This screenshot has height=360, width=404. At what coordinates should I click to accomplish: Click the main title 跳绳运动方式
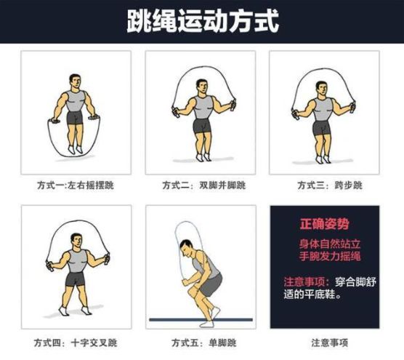pos(202,20)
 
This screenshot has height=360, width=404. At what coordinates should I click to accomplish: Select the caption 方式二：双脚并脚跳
pos(201,185)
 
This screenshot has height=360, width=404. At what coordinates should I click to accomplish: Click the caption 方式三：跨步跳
pos(326,185)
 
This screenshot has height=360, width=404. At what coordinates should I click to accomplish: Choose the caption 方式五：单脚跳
pos(201,341)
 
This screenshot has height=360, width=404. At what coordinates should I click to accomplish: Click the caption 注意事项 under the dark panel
pos(326,341)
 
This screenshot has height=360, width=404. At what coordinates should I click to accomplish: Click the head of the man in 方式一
pos(75,81)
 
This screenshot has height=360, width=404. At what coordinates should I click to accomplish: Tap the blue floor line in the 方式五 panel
pos(201,319)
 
